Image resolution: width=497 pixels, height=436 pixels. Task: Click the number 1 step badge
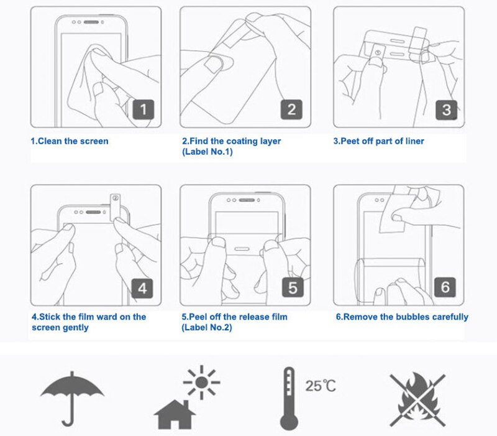pos(143,110)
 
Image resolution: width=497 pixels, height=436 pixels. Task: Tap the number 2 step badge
pos(291,110)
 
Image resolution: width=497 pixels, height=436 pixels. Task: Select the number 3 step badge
pos(445,110)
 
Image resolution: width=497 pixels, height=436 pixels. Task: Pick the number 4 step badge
pos(143,288)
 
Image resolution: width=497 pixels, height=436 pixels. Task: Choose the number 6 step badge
pos(445,288)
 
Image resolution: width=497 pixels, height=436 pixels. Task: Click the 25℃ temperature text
pos(321,386)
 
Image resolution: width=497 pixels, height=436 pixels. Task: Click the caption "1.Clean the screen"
pos(70,141)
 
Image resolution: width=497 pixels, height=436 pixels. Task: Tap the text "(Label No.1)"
pos(207,152)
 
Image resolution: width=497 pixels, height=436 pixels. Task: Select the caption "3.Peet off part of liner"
pos(378,141)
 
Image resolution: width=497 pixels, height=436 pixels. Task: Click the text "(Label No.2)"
pos(207,327)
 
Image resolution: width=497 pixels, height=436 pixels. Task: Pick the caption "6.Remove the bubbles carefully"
pos(402,317)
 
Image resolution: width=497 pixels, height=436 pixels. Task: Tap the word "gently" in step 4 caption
pos(75,327)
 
